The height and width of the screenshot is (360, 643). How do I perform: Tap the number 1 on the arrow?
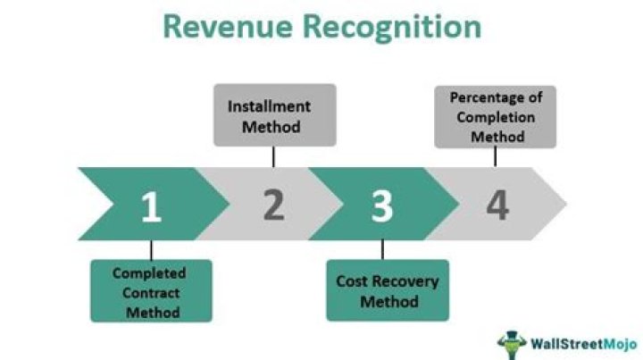151,206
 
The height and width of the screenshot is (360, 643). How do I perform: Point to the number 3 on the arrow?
382,206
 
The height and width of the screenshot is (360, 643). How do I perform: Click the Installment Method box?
274,115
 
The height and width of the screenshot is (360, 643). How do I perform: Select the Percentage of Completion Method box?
496,116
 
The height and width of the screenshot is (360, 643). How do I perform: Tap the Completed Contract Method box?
151,291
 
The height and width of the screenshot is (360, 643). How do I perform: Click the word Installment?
270,105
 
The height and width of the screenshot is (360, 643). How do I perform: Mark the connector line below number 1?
151,249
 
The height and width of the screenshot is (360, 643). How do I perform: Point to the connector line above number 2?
273,156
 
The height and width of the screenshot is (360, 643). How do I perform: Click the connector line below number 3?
382,249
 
